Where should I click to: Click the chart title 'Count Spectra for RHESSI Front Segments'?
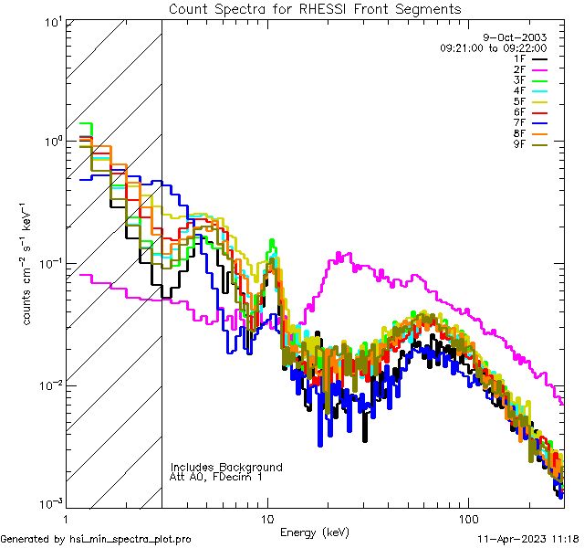pos(315,8)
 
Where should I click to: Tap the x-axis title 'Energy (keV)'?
pos(314,532)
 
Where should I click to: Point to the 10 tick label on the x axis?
pos(267,518)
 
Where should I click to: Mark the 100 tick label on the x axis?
pos(467,518)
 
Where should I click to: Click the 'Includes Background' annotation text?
pos(226,467)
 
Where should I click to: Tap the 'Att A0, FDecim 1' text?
pos(216,477)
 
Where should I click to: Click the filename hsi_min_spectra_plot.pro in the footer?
pos(130,539)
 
